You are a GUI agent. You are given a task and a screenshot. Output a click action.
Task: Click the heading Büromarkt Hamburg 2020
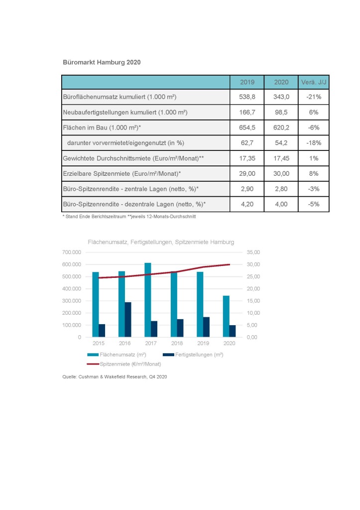click(102, 62)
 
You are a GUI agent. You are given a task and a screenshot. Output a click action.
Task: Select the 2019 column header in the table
click(247, 82)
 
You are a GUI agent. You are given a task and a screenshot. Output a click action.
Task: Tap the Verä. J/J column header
click(314, 82)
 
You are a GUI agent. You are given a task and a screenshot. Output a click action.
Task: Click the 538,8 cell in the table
click(247, 97)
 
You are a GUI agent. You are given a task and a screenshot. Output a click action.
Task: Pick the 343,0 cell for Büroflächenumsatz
click(281, 97)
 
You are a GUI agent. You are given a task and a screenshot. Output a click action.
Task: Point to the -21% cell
click(314, 97)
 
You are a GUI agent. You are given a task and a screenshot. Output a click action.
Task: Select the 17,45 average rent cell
click(281, 158)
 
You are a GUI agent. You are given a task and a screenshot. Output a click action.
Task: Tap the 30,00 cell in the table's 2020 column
click(281, 174)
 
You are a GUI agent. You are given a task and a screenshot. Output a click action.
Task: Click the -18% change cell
click(314, 143)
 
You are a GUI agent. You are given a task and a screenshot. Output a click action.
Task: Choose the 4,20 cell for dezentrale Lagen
click(247, 204)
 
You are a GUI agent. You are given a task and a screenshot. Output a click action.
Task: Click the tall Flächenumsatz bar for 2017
click(148, 300)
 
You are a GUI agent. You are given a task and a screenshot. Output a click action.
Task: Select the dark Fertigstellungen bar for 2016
click(128, 320)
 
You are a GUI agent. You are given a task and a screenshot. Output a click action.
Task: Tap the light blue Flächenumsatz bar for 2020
click(226, 316)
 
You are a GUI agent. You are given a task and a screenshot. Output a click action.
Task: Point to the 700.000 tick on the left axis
click(72, 252)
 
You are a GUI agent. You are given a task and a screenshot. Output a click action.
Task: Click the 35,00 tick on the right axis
click(253, 252)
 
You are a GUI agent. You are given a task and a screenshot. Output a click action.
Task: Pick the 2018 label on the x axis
click(177, 343)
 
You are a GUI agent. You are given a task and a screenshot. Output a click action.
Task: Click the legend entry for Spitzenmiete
click(124, 364)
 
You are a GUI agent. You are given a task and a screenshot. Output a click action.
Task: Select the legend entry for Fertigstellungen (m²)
click(193, 355)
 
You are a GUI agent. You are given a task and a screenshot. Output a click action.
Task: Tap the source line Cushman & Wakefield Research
click(115, 377)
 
